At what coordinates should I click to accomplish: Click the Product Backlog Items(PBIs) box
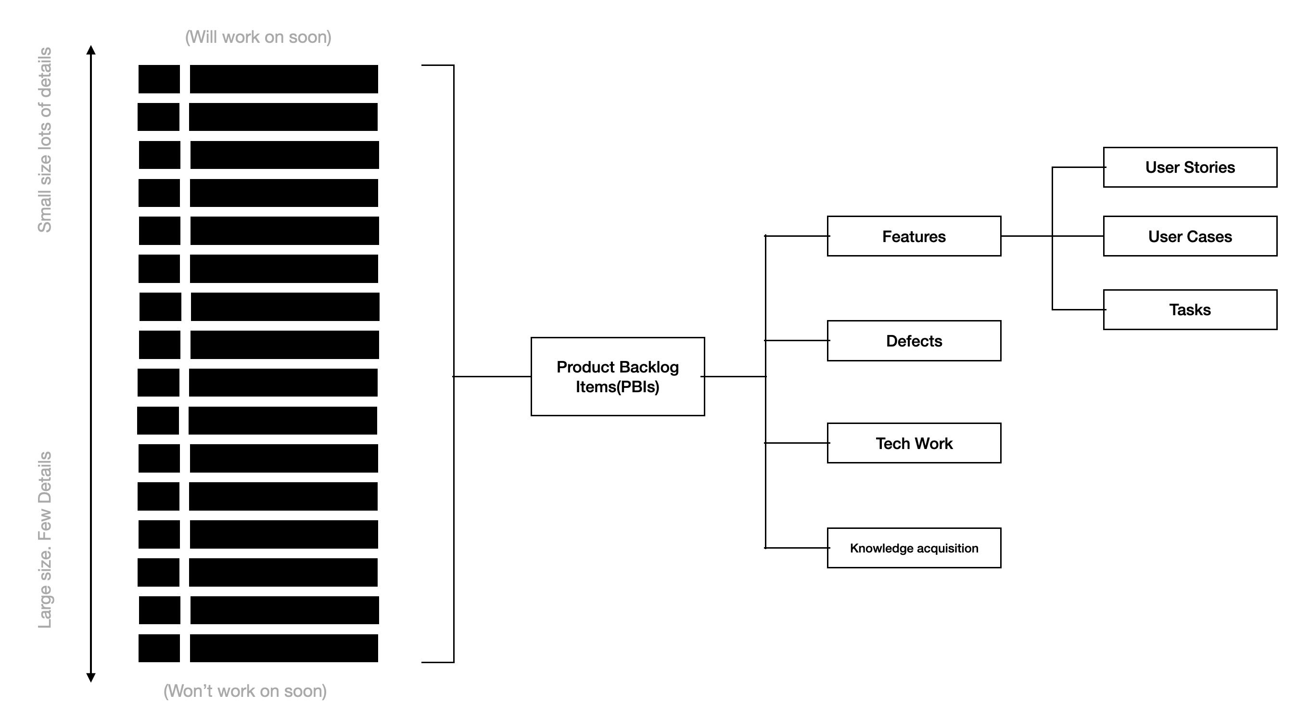click(617, 376)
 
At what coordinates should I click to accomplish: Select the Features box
click(914, 236)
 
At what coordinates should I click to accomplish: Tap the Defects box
click(914, 341)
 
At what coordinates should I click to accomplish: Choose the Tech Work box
click(914, 443)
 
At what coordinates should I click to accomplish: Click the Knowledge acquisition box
click(914, 548)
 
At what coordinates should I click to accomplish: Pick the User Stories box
click(1190, 167)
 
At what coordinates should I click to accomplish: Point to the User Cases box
click(1190, 236)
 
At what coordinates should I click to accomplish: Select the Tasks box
click(1190, 309)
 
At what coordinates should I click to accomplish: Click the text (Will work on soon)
click(258, 37)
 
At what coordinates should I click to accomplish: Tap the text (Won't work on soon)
click(245, 691)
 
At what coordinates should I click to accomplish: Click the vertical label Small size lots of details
click(45, 140)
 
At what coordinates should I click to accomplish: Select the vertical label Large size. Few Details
click(45, 540)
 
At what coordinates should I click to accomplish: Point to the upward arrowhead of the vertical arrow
click(90, 50)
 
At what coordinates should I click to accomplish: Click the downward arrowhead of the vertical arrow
click(90, 678)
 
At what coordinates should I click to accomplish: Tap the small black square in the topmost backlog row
click(159, 79)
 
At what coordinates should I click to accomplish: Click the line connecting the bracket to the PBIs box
click(492, 376)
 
